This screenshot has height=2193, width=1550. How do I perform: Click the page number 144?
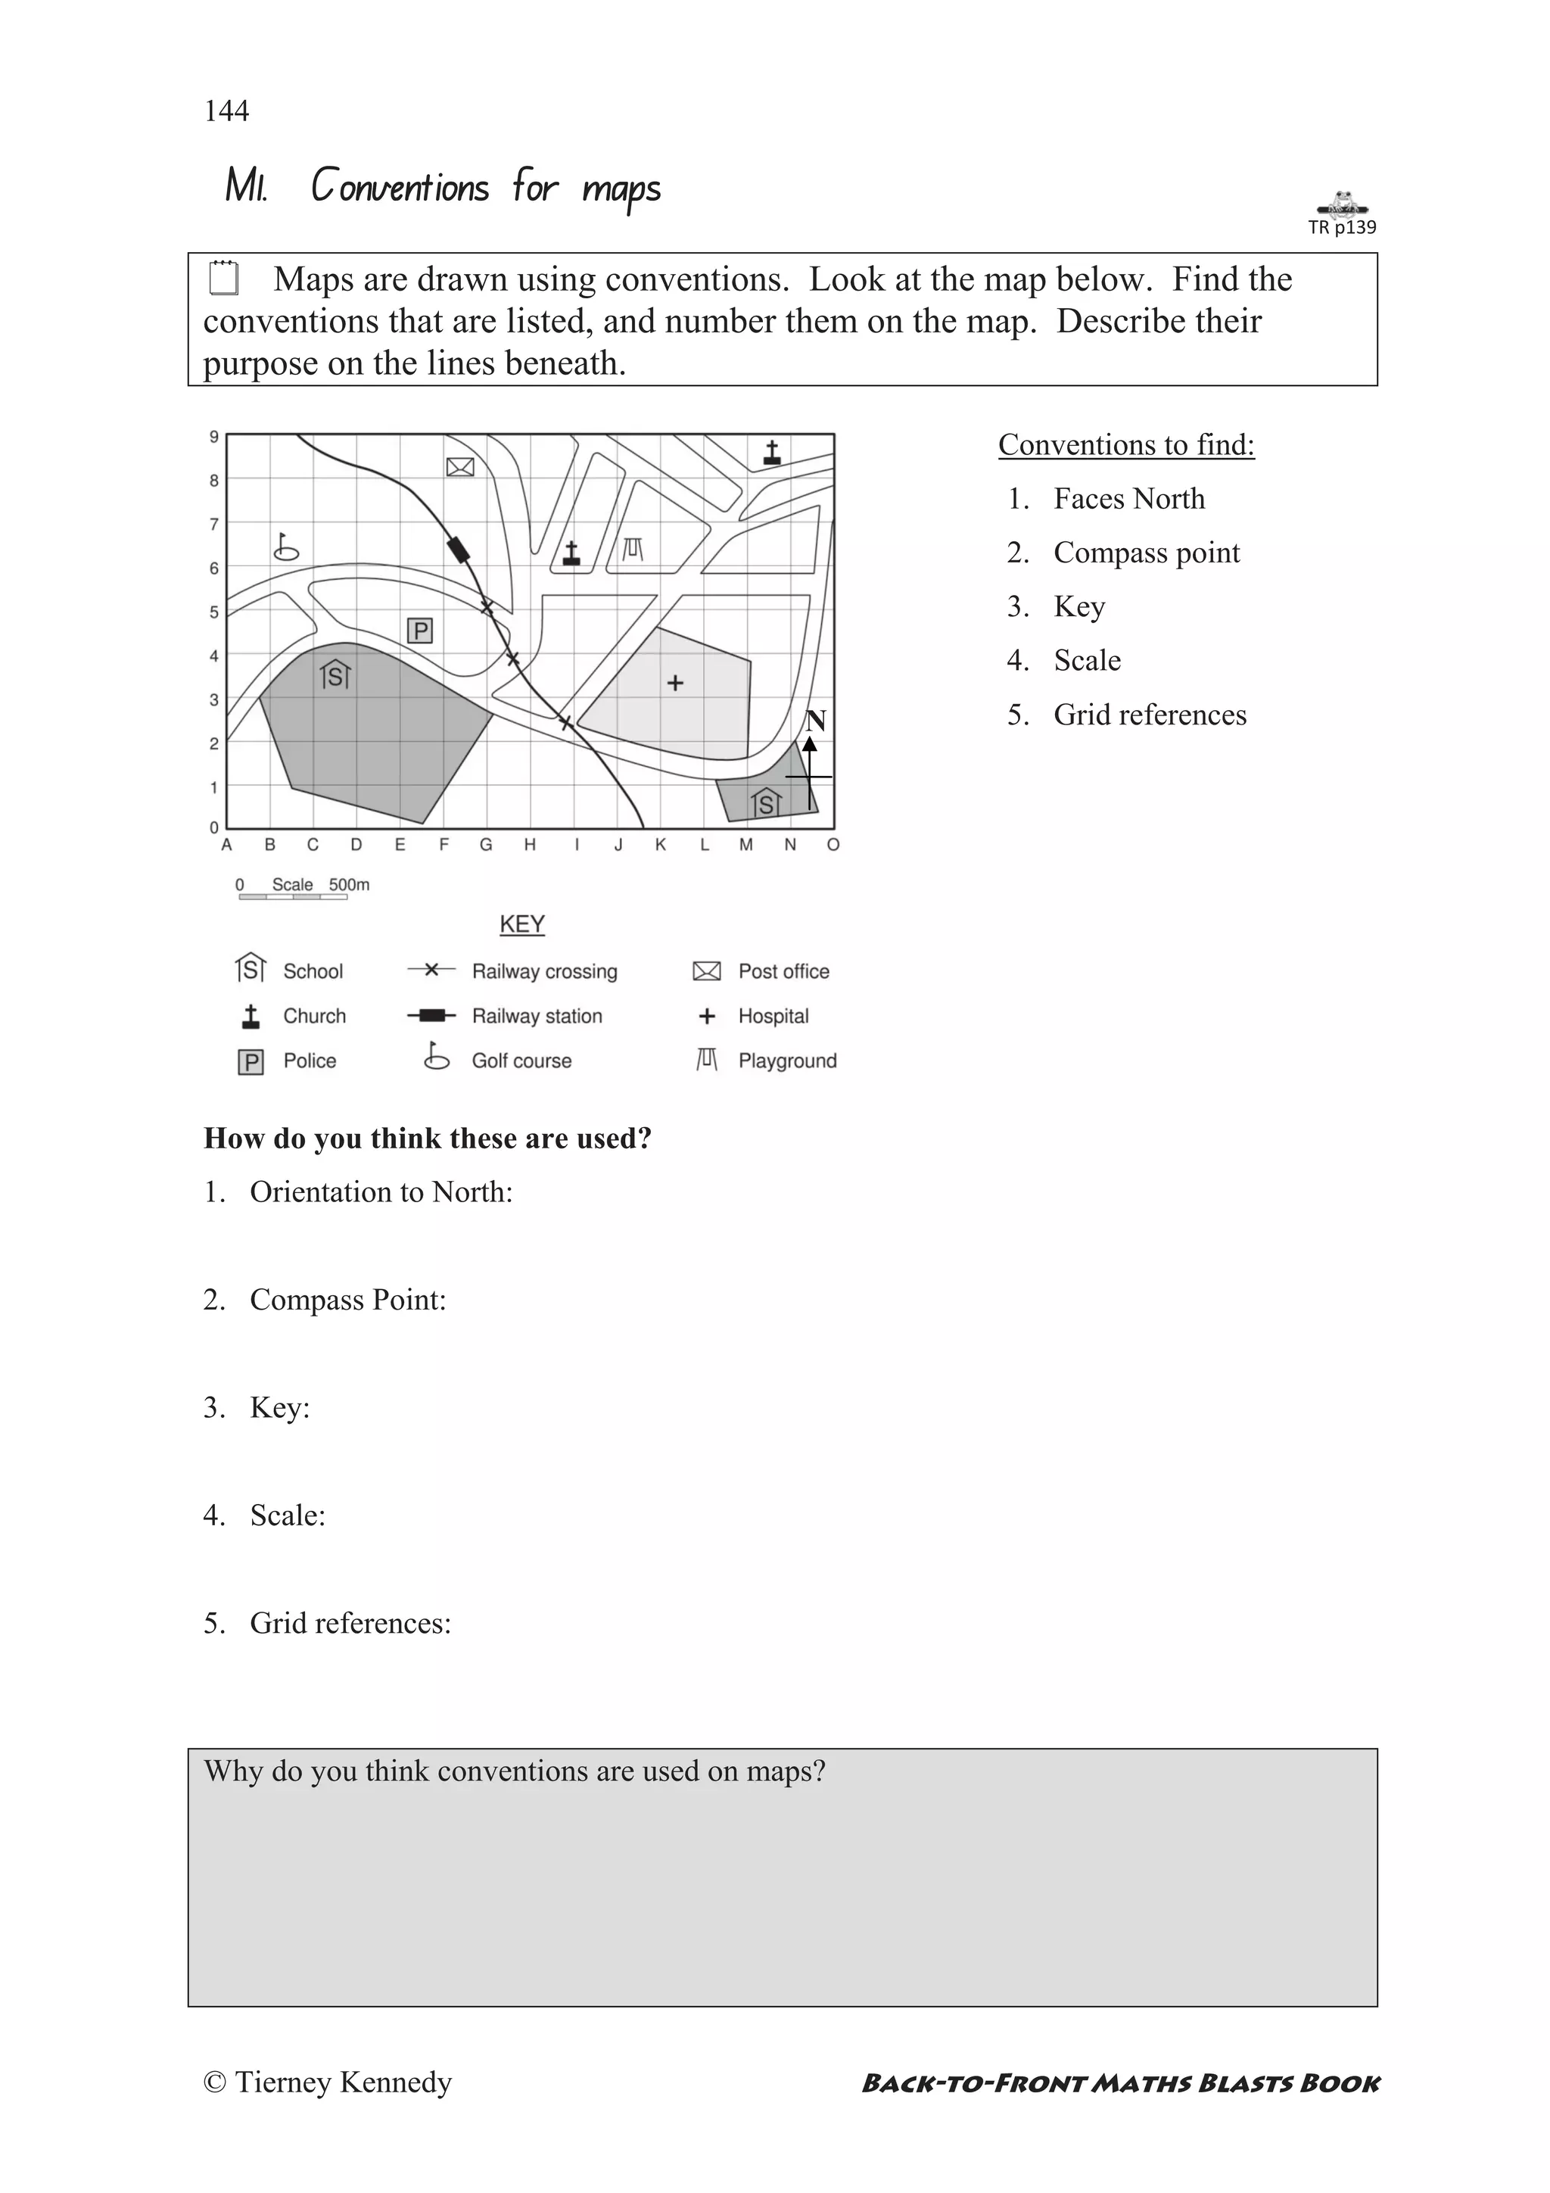226,111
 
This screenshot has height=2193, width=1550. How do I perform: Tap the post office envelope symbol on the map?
460,467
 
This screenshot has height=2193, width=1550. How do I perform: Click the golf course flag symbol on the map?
285,547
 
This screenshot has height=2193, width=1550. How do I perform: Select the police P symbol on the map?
420,631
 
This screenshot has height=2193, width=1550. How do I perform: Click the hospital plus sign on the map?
675,683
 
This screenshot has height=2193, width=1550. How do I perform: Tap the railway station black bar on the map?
459,550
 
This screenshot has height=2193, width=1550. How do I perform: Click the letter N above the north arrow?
814,721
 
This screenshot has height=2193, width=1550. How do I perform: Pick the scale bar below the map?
292,897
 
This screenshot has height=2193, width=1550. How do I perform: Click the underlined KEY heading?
522,924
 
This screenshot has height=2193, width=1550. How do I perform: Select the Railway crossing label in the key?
544,971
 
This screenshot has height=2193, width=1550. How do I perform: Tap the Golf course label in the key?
521,1061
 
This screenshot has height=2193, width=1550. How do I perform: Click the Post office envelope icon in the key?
707,971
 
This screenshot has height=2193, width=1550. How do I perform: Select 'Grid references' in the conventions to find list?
1150,715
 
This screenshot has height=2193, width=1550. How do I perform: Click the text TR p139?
1342,227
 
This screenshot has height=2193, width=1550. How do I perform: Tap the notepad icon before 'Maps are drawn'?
223,278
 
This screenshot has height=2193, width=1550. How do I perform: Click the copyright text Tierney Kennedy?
328,2082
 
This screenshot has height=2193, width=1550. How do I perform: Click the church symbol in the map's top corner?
772,453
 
